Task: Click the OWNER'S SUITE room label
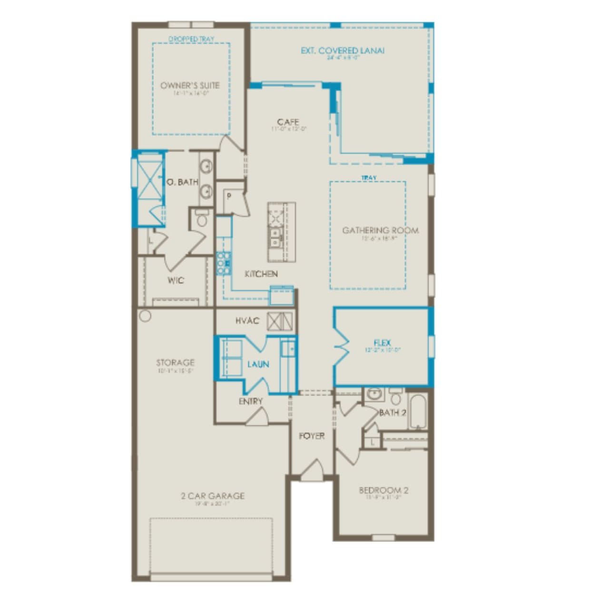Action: click(190, 86)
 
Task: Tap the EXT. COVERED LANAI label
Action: click(343, 50)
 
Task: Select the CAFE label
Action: click(288, 122)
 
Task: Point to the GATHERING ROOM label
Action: click(381, 230)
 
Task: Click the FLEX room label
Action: click(382, 343)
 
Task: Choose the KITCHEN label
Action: click(261, 274)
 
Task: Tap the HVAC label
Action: click(247, 321)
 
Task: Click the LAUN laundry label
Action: click(258, 364)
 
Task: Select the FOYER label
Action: click(312, 436)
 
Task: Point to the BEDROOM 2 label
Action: click(383, 490)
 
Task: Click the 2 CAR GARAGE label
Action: click(213, 496)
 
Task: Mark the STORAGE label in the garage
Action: click(175, 363)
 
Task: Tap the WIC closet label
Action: click(176, 280)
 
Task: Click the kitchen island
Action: click(281, 231)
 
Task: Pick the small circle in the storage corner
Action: click(145, 316)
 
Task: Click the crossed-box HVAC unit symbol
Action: click(279, 321)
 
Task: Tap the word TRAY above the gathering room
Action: click(369, 178)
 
